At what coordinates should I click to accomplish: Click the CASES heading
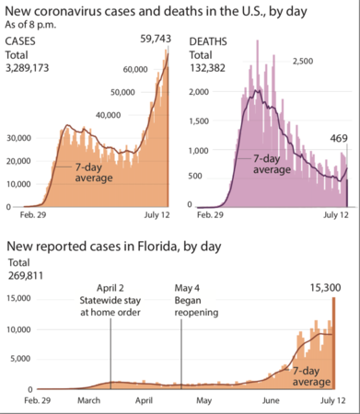23,42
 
